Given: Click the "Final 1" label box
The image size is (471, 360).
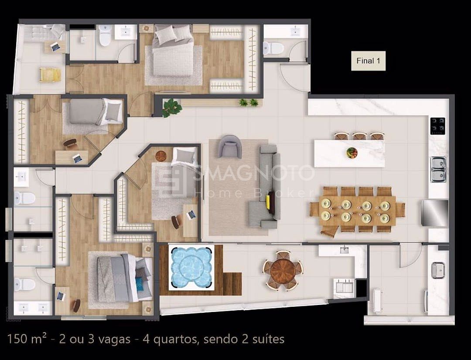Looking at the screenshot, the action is [x=368, y=61].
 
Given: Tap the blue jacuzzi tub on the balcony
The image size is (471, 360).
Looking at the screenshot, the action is [x=191, y=267].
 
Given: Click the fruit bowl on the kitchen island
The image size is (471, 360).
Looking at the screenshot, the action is [x=352, y=153].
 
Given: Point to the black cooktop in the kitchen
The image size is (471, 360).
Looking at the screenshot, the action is [x=438, y=126].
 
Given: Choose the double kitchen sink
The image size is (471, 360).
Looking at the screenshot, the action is [x=439, y=169].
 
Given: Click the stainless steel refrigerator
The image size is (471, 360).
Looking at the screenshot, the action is [x=435, y=213].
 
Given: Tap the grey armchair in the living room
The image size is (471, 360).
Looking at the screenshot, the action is [x=230, y=146].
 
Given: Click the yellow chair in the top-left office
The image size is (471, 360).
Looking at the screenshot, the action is [x=50, y=75].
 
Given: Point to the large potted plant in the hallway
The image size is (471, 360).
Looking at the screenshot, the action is [x=172, y=107].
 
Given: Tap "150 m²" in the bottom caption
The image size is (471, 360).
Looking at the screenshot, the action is [x=27, y=339].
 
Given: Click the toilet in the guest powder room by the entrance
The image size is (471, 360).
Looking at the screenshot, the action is [x=273, y=48].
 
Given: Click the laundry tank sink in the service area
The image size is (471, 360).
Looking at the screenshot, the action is [x=437, y=270].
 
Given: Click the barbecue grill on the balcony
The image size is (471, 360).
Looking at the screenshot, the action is [x=344, y=287].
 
